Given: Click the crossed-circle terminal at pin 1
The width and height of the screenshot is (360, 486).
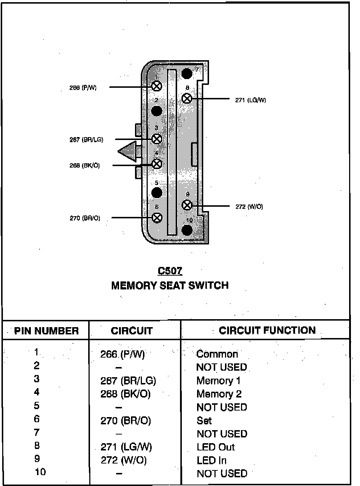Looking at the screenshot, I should tap(157, 86).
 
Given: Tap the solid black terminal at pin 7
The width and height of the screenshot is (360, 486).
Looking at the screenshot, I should tap(187, 74).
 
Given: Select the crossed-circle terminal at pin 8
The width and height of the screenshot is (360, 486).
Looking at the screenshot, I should tap(187, 98).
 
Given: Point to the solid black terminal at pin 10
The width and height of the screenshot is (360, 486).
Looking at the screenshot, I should tap(187, 230).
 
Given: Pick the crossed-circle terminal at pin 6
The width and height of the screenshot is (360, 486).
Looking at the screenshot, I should tap(157, 218).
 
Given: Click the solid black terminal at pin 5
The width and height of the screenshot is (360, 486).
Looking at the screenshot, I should tap(157, 193).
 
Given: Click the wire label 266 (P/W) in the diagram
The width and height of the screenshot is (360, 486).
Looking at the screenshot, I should tap(83, 88).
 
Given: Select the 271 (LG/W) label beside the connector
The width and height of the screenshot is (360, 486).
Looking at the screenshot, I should tap(250, 100).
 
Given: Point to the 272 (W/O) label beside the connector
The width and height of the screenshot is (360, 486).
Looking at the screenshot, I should tap(249, 207).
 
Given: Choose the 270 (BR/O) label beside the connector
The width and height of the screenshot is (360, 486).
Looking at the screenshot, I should tap(85, 218).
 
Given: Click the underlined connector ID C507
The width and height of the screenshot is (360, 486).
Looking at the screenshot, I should tap(170, 271).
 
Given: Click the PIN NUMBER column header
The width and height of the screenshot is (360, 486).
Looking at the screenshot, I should tap(46, 331).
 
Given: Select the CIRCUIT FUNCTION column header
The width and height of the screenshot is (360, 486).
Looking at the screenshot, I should tap(267, 330).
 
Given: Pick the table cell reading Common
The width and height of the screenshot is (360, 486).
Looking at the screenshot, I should tap(217, 354).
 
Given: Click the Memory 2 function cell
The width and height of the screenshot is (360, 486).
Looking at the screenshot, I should tap(219, 394).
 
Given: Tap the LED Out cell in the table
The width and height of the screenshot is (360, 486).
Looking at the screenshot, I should tap(216, 447).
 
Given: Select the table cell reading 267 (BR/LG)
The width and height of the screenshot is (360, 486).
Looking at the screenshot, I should tap(128, 381).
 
